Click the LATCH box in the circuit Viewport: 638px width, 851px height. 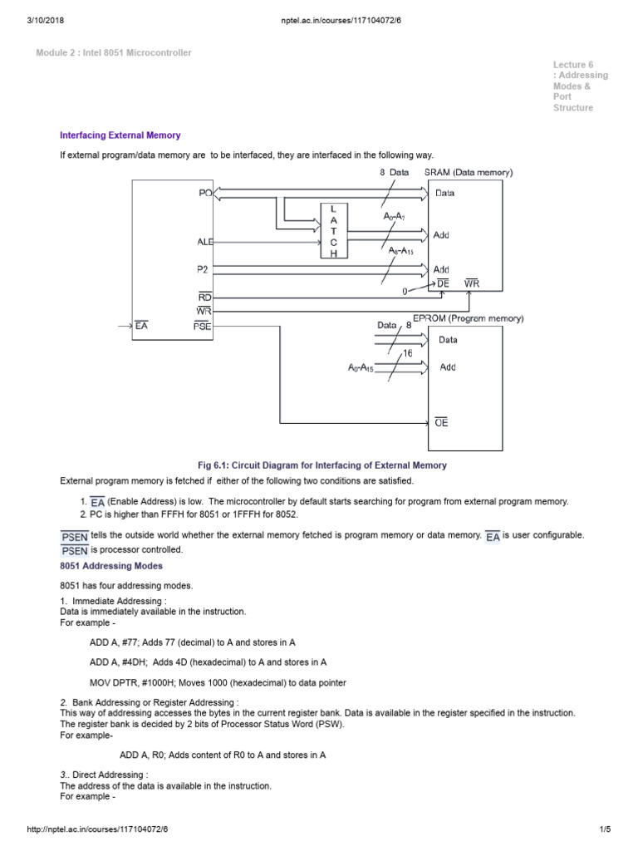click(x=334, y=230)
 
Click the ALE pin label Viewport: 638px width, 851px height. click(x=205, y=242)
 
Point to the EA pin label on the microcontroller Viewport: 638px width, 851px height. click(x=141, y=327)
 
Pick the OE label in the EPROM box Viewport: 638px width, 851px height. click(x=442, y=422)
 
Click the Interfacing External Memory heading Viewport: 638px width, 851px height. click(x=120, y=135)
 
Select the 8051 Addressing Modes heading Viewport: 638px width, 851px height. click(x=111, y=565)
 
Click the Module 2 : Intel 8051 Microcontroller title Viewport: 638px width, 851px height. click(x=114, y=52)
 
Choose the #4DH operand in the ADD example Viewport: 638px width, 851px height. click(x=133, y=662)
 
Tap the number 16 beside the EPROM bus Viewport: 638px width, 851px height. click(x=408, y=353)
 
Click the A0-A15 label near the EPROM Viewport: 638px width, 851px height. click(x=361, y=366)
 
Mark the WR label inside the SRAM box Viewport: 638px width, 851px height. click(x=472, y=284)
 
